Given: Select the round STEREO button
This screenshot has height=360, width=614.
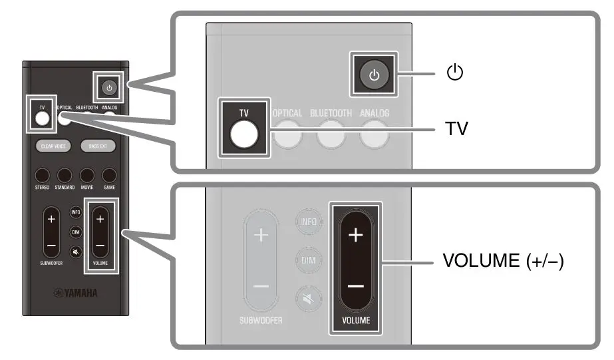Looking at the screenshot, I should [x=42, y=175].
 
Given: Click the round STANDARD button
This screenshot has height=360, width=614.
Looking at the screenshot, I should [x=65, y=175].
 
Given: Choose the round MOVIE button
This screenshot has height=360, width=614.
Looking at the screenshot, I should [x=87, y=175].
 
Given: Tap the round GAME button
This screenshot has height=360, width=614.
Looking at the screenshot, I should [x=110, y=175].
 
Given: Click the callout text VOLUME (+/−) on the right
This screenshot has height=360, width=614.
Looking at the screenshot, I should [x=503, y=261].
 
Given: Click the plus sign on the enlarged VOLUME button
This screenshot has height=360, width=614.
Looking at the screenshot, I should [x=356, y=235].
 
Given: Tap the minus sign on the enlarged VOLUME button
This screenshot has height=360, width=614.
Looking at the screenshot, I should [x=356, y=285].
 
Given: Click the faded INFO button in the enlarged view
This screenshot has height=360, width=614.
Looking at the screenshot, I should [x=308, y=223].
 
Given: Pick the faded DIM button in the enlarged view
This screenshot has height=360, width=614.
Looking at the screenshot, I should [x=308, y=260].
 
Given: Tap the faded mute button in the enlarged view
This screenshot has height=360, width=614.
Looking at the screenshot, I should [x=308, y=297].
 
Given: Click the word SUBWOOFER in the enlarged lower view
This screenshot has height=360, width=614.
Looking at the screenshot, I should [x=260, y=321].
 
